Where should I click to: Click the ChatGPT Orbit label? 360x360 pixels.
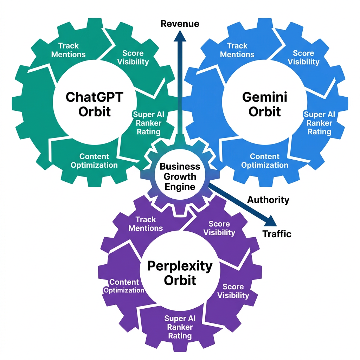94,104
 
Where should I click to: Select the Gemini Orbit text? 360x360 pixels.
264,104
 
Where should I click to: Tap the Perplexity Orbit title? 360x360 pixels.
180,273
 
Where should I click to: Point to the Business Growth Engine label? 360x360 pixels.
180,176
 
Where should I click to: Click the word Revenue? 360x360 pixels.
180,24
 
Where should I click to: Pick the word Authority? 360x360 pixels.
268,200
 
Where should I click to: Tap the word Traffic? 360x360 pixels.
277,234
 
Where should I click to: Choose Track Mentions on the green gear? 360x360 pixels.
69,50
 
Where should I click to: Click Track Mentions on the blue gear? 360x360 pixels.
237,50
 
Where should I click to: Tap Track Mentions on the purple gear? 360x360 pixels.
146,224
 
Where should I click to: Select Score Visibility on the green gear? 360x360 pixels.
133,58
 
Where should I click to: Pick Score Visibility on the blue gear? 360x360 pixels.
303,58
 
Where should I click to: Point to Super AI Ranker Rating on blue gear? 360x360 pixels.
319,123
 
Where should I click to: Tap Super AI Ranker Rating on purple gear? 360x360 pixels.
180,327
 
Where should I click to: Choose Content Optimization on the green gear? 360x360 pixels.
94,161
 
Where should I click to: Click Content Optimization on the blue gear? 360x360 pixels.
265,161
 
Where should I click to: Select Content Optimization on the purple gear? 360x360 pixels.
124,286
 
